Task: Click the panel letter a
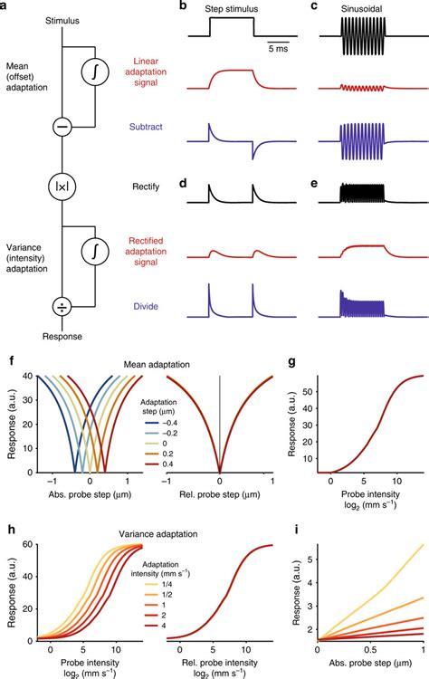[6, 7]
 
